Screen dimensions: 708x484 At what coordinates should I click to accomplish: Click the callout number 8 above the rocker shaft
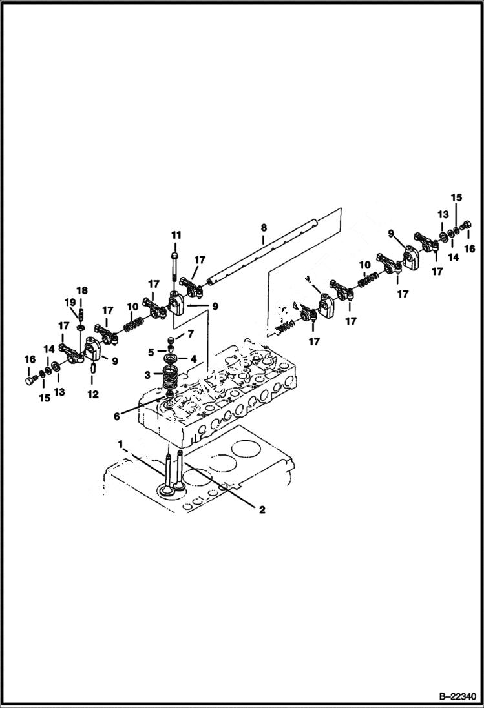point(263,228)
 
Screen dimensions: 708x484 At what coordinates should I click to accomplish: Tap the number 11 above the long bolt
point(176,234)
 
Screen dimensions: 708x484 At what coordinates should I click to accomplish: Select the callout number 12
point(93,393)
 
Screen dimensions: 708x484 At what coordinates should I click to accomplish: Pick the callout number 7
point(190,334)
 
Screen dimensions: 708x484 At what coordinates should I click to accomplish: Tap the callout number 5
point(151,352)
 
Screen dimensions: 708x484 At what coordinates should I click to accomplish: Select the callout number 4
point(193,358)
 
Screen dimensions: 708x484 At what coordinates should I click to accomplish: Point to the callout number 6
point(117,417)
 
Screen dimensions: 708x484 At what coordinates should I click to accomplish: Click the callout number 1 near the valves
point(120,443)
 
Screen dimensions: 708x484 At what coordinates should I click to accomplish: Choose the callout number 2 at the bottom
point(262,510)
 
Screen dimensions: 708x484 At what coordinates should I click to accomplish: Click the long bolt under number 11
point(176,265)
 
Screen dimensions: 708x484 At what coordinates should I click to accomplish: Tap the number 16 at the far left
point(29,359)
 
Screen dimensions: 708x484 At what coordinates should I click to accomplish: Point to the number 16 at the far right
point(470,248)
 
